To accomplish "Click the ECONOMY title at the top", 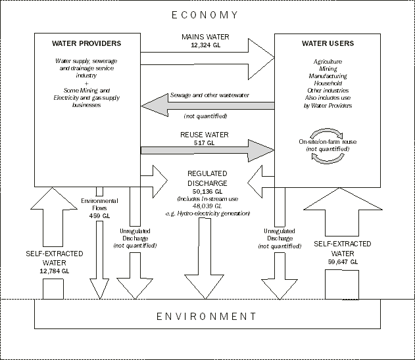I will [207, 15].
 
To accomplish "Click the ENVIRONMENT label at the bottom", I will [207, 316].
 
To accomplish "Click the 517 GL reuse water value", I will [207, 142].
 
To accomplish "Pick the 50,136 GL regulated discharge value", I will [207, 191].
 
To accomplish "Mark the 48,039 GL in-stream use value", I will [207, 206].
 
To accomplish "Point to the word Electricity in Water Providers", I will [66, 99].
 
